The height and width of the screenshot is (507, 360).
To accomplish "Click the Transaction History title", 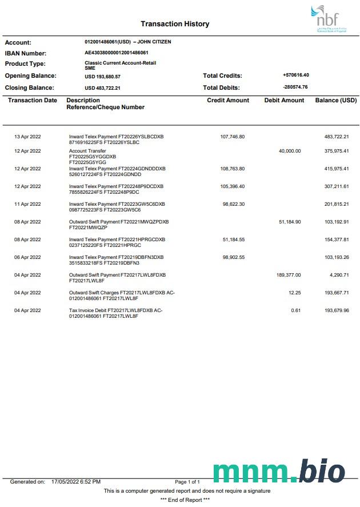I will point(175,24).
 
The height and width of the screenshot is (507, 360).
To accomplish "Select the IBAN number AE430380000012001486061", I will point(117,53).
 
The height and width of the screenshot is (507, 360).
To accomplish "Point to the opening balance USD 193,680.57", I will point(102,76).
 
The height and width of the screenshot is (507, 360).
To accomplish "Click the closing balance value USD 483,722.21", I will point(102,88).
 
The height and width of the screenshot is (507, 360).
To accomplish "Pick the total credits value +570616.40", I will point(295,75).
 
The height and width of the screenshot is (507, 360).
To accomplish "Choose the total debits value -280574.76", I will point(295,87).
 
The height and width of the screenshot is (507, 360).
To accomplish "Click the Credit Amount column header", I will point(228,101).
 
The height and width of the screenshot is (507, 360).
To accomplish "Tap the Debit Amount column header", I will point(284,101).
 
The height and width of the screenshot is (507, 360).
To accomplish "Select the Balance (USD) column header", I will point(335,101).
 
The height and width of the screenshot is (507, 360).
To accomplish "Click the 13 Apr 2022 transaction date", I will point(27,137).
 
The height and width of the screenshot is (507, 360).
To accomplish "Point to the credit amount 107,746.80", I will point(232,137).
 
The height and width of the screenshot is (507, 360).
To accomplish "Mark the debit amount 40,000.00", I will point(289,151).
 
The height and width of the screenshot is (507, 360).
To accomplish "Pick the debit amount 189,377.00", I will point(288,275).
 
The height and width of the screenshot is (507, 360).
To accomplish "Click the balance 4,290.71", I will point(339,275).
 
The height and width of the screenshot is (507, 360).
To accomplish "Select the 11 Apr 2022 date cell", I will point(27,204).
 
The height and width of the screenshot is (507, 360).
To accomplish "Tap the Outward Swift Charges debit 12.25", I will point(294,293).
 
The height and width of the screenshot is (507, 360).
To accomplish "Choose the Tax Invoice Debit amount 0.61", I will point(295,310).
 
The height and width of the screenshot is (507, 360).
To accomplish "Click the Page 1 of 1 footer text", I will point(187,482).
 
